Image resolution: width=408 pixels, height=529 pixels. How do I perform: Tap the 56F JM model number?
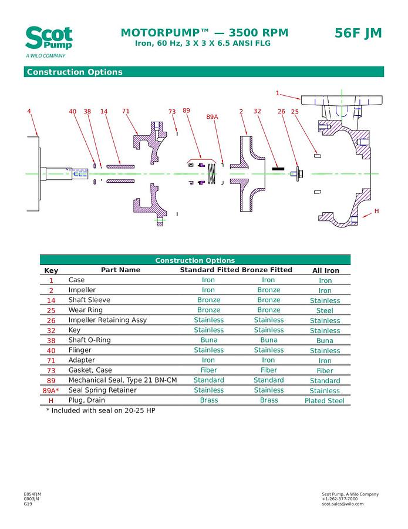[358, 34]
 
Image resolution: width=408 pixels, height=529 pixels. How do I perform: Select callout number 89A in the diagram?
[212, 117]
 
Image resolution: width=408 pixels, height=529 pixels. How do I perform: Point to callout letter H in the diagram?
[376, 211]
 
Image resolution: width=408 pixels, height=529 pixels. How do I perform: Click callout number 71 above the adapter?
[126, 111]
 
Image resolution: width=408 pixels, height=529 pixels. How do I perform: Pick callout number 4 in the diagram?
[29, 111]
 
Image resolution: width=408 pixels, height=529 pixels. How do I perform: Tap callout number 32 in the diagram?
[257, 111]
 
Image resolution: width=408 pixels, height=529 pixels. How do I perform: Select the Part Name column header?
[120, 270]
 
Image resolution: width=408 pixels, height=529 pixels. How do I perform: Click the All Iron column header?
[325, 271]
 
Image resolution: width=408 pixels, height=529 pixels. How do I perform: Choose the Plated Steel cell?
[325, 401]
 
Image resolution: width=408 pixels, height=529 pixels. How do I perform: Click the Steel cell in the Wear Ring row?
[325, 310]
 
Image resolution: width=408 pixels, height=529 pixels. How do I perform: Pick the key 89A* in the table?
[50, 391]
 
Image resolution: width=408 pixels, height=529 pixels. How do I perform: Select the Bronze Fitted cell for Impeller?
[268, 290]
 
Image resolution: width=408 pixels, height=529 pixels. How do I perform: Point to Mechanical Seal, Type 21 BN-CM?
[123, 380]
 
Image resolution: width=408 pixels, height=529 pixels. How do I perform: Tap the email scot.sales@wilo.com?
[343, 504]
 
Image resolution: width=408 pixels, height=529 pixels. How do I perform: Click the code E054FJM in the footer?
[32, 494]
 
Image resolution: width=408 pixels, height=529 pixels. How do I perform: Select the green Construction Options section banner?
[204, 72]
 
